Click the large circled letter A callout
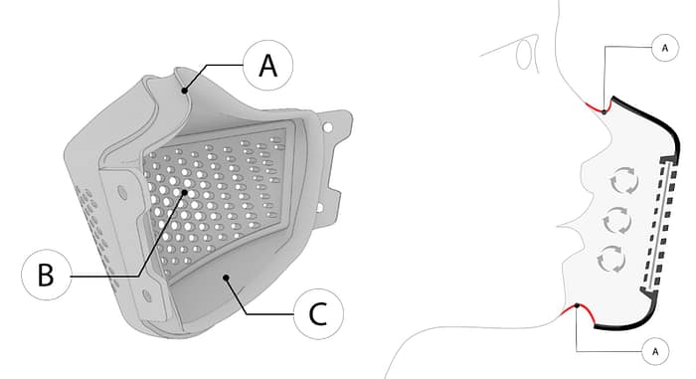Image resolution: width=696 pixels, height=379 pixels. click(x=268, y=66)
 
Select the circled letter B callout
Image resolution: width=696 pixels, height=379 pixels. click(x=46, y=275)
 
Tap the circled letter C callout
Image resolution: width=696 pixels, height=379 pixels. click(x=318, y=313)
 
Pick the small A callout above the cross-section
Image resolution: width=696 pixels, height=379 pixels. click(x=665, y=48)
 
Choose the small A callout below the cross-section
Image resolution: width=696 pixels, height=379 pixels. click(x=655, y=351)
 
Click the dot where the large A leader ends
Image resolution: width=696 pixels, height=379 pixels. click(x=184, y=91)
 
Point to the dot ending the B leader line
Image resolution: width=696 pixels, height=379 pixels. click(x=185, y=192)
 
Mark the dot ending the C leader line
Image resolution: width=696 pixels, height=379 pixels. click(x=227, y=279)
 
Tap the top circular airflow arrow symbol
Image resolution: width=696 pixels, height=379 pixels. click(x=624, y=181)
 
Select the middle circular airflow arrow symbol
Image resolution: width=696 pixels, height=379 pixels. click(x=617, y=220)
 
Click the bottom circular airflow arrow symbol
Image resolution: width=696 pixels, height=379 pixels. click(x=611, y=259)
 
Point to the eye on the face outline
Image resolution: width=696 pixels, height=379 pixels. click(x=524, y=55)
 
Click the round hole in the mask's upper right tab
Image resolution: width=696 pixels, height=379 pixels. click(x=328, y=127)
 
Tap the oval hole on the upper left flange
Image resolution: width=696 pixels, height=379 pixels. click(x=122, y=192)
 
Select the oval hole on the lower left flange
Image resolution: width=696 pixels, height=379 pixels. click(x=146, y=295)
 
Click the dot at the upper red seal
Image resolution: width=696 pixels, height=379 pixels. click(x=605, y=112)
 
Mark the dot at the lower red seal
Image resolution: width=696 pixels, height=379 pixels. click(x=577, y=305)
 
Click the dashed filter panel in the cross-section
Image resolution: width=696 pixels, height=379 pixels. click(x=661, y=225)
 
